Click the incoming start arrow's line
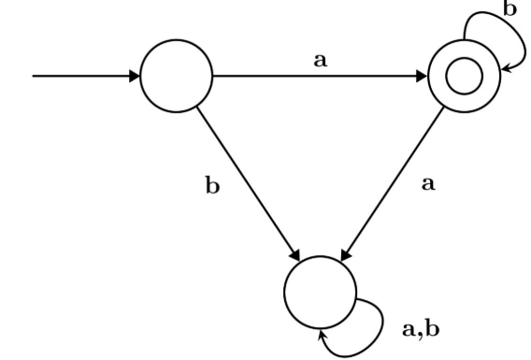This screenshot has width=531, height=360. [x=81, y=76]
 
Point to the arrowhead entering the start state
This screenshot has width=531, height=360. [x=135, y=76]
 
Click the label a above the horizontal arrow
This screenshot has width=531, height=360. [x=321, y=61]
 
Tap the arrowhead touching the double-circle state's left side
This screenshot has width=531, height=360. [x=422, y=76]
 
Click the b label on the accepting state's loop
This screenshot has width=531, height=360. [x=510, y=8]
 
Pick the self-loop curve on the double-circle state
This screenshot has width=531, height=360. [x=518, y=31]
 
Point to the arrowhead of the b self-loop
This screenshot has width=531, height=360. [x=506, y=68]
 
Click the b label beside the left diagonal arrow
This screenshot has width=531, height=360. [x=212, y=185]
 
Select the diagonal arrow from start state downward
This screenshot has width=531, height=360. [x=249, y=184]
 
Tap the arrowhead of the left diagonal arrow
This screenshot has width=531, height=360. [x=295, y=254]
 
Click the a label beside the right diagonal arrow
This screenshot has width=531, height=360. [x=428, y=184]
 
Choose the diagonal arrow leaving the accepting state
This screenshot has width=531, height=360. [x=392, y=184]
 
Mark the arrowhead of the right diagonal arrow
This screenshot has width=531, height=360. [x=346, y=254]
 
